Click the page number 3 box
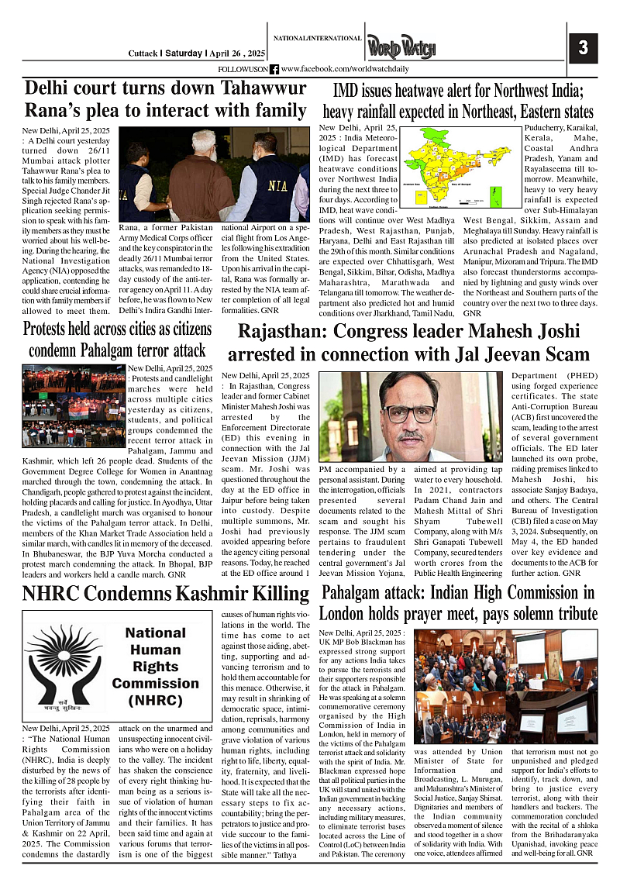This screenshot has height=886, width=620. click(x=584, y=48)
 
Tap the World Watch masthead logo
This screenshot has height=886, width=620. click(x=401, y=48)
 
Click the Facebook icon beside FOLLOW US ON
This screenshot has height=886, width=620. click(x=274, y=69)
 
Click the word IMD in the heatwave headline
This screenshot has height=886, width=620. click(x=346, y=91)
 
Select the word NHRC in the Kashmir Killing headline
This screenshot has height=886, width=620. click(x=55, y=594)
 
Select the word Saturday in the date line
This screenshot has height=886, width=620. click(x=185, y=53)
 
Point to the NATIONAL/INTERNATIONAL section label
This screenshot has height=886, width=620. click(x=317, y=38)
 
